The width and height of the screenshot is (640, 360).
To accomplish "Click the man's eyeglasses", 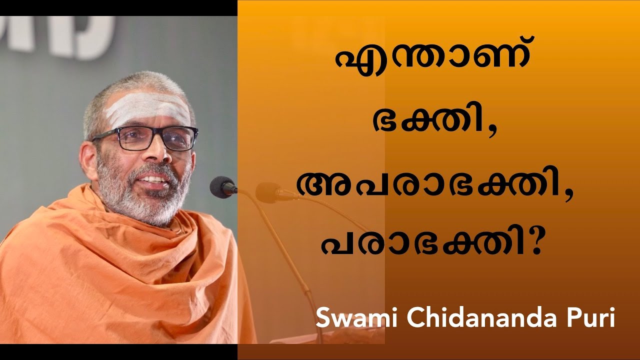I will coord(145,138).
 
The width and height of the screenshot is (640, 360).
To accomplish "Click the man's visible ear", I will coord(89,159).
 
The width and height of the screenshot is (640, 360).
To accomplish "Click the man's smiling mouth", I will coord(155,178).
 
